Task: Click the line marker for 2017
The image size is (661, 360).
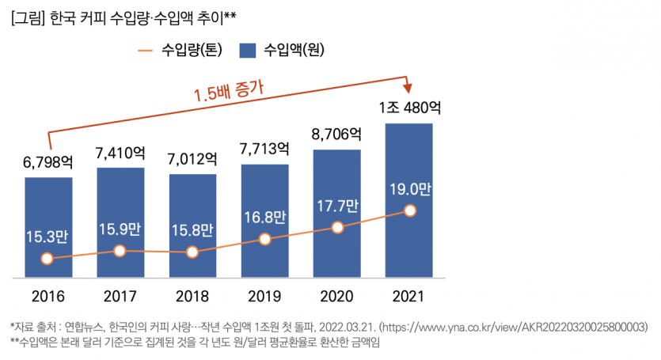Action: pyautogui.click(x=120, y=251)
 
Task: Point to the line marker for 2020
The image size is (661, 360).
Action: pyautogui.click(x=337, y=227)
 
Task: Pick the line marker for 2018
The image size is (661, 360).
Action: pyautogui.click(x=192, y=252)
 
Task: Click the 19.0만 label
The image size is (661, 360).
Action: pyautogui.click(x=409, y=189)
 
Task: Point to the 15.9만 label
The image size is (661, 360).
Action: pyautogui.click(x=120, y=230)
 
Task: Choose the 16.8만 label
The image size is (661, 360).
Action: pyautogui.click(x=264, y=218)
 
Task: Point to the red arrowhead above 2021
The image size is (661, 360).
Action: pyautogui.click(x=409, y=86)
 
